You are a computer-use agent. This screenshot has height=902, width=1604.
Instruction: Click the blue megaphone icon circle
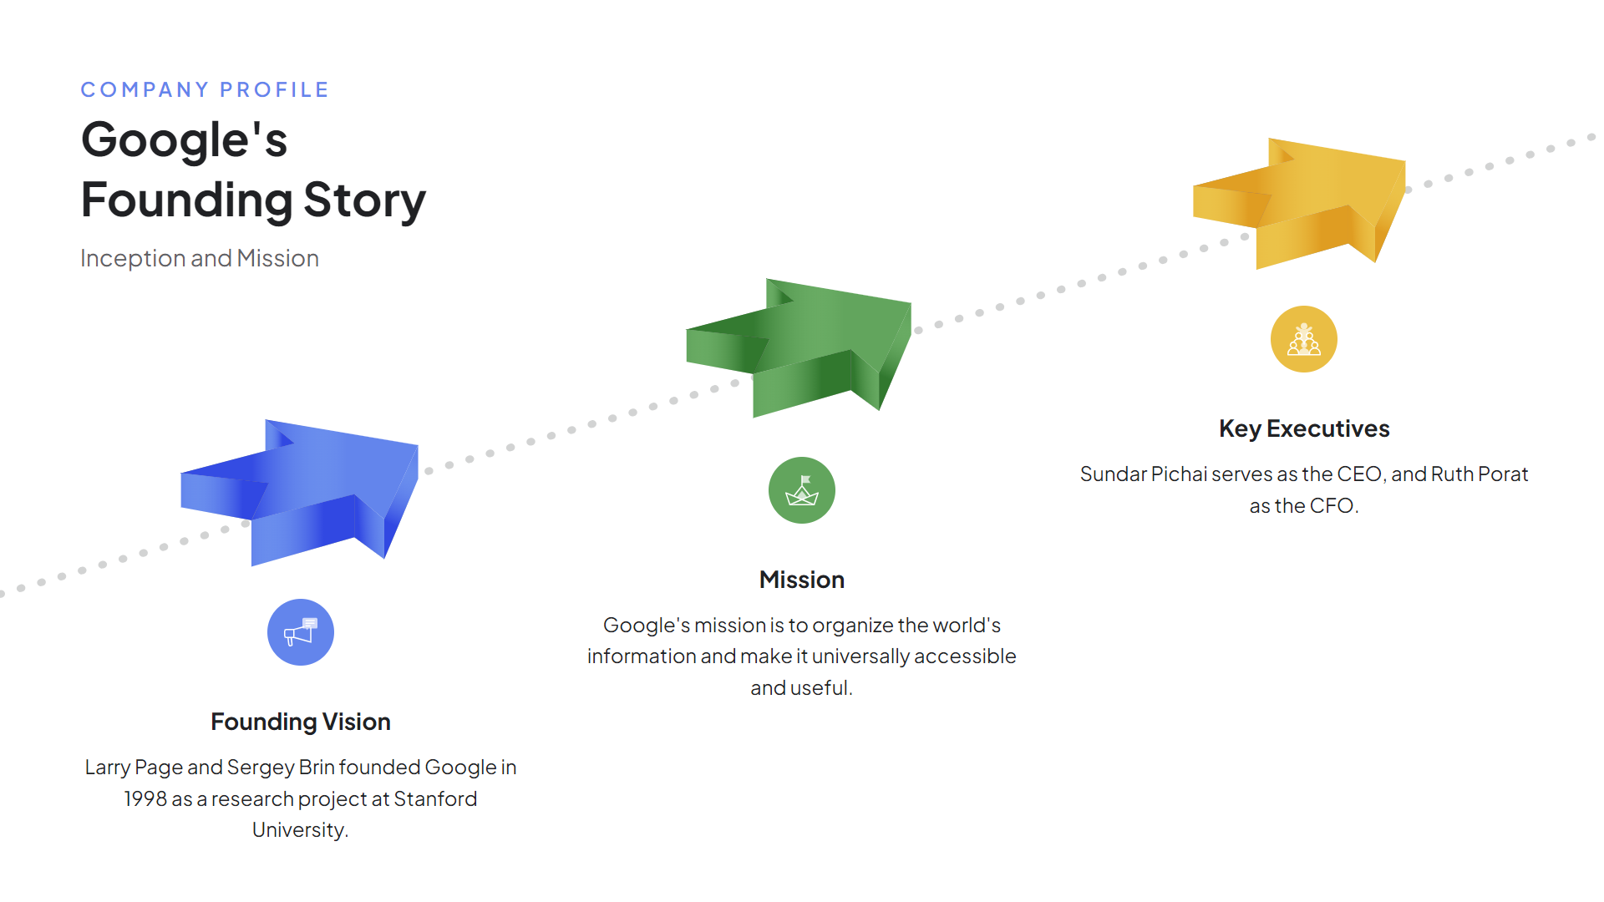(x=301, y=632)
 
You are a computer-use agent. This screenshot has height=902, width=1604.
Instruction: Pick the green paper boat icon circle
(x=802, y=490)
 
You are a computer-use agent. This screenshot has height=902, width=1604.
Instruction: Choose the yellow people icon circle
(x=1304, y=339)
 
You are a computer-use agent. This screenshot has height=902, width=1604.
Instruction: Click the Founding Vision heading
(x=301, y=722)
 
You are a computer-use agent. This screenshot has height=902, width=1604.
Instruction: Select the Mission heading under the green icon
(x=802, y=580)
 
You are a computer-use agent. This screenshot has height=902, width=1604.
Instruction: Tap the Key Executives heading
(x=1304, y=428)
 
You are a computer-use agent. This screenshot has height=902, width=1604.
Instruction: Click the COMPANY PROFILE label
(x=205, y=89)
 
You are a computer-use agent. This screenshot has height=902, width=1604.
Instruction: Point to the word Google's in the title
(x=185, y=139)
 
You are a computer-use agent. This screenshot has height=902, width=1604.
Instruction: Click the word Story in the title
(x=364, y=200)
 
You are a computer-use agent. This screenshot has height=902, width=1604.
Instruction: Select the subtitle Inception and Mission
(x=200, y=258)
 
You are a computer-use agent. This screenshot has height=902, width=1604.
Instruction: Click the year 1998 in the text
(x=145, y=799)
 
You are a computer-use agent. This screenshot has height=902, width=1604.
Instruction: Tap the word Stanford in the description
(x=435, y=799)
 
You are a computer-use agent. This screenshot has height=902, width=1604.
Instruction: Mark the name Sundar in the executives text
(x=1113, y=474)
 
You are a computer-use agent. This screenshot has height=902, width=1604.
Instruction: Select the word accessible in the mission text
(x=965, y=656)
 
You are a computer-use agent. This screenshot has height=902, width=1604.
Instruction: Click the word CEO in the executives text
(x=1359, y=474)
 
